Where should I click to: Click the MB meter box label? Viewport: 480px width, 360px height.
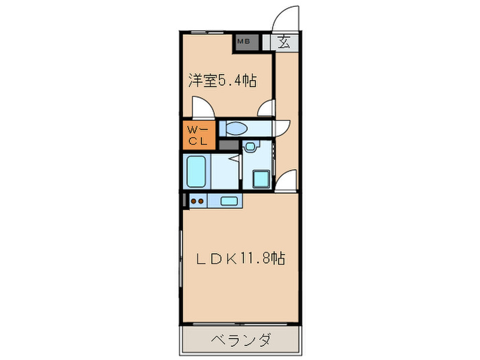tap(243, 42)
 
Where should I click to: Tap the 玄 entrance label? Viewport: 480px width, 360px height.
tap(285, 42)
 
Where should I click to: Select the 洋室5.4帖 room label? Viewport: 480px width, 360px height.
tap(223, 81)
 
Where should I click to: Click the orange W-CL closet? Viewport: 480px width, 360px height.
tap(198, 135)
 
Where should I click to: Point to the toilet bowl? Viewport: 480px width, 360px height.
tap(237, 128)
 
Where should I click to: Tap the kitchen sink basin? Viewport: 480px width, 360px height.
tap(229, 200)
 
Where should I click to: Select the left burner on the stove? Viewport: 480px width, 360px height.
tap(193, 201)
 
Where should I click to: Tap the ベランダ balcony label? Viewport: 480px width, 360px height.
tap(240, 339)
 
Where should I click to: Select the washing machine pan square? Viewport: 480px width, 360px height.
tap(262, 180)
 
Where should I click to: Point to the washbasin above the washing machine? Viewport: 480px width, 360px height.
tap(250, 146)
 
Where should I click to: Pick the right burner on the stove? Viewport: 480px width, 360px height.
tap(202, 201)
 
